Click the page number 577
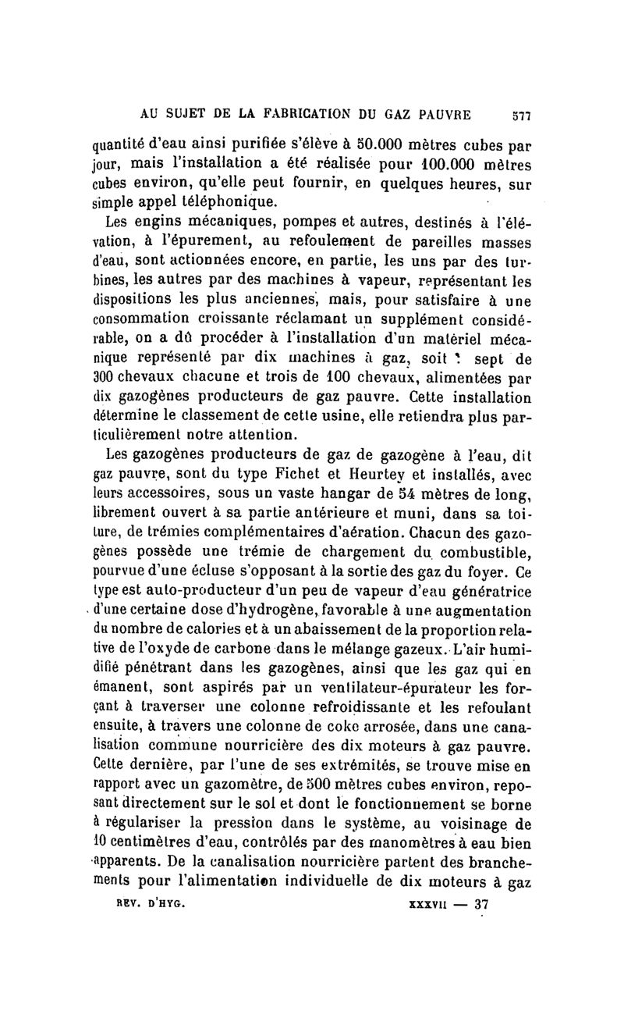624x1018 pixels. pyautogui.click(x=520, y=113)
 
